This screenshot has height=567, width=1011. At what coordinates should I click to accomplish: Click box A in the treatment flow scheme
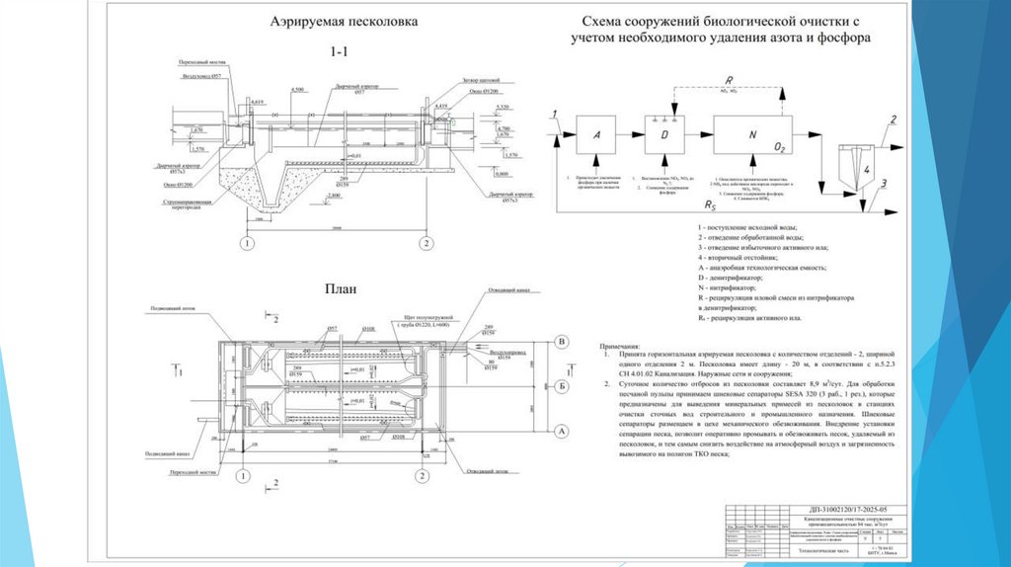tap(593, 133)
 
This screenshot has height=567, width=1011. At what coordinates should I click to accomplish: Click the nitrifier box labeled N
tap(752, 133)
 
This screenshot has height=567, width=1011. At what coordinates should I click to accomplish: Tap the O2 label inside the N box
tap(780, 147)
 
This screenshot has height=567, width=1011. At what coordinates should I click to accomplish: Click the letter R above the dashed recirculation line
tap(728, 79)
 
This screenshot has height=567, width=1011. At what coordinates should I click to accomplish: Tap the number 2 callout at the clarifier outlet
tap(893, 121)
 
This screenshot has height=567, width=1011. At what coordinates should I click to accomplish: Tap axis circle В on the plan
tap(562, 342)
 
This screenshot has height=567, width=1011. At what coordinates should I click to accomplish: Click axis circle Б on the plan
tap(562, 385)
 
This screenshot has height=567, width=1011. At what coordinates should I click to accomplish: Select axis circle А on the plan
tap(562, 430)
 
